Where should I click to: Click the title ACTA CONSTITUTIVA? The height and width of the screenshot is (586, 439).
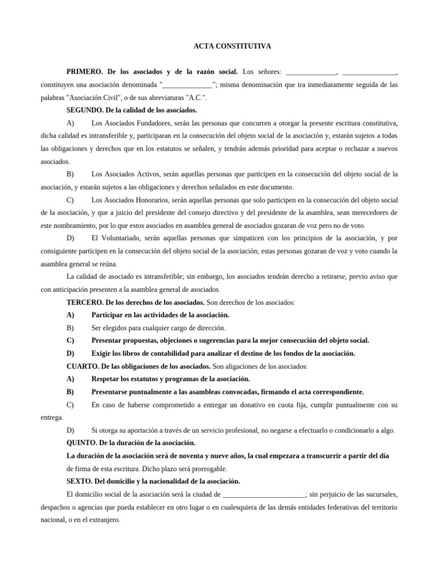(219, 47)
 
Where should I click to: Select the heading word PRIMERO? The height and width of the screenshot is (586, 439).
(84, 72)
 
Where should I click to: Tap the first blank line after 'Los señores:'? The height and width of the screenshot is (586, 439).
(311, 72)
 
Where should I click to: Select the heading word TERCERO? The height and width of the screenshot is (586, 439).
(84, 302)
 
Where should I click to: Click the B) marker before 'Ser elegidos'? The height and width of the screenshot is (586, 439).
(70, 328)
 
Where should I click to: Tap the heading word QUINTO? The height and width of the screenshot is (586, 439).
(82, 443)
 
